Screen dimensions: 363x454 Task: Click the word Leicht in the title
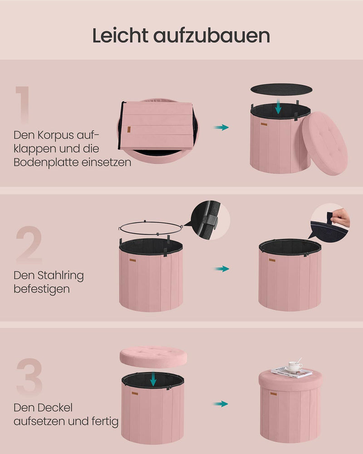click(120, 35)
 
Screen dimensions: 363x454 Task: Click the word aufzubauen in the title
click(211, 35)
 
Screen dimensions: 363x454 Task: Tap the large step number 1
click(23, 104)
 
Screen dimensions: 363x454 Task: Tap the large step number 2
click(29, 245)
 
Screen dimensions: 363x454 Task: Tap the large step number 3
click(29, 377)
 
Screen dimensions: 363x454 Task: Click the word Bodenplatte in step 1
click(46, 162)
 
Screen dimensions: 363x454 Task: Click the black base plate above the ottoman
click(281, 89)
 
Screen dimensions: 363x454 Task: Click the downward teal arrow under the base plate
click(278, 106)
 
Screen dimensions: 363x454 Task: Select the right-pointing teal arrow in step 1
click(221, 127)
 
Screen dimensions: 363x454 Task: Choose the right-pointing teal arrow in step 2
click(222, 269)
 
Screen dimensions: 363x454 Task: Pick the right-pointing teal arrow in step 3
click(221, 404)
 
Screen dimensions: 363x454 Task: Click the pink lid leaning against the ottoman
click(325, 143)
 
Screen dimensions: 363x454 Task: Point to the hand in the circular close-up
click(341, 218)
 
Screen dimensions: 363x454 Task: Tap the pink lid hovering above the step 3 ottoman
click(153, 357)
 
